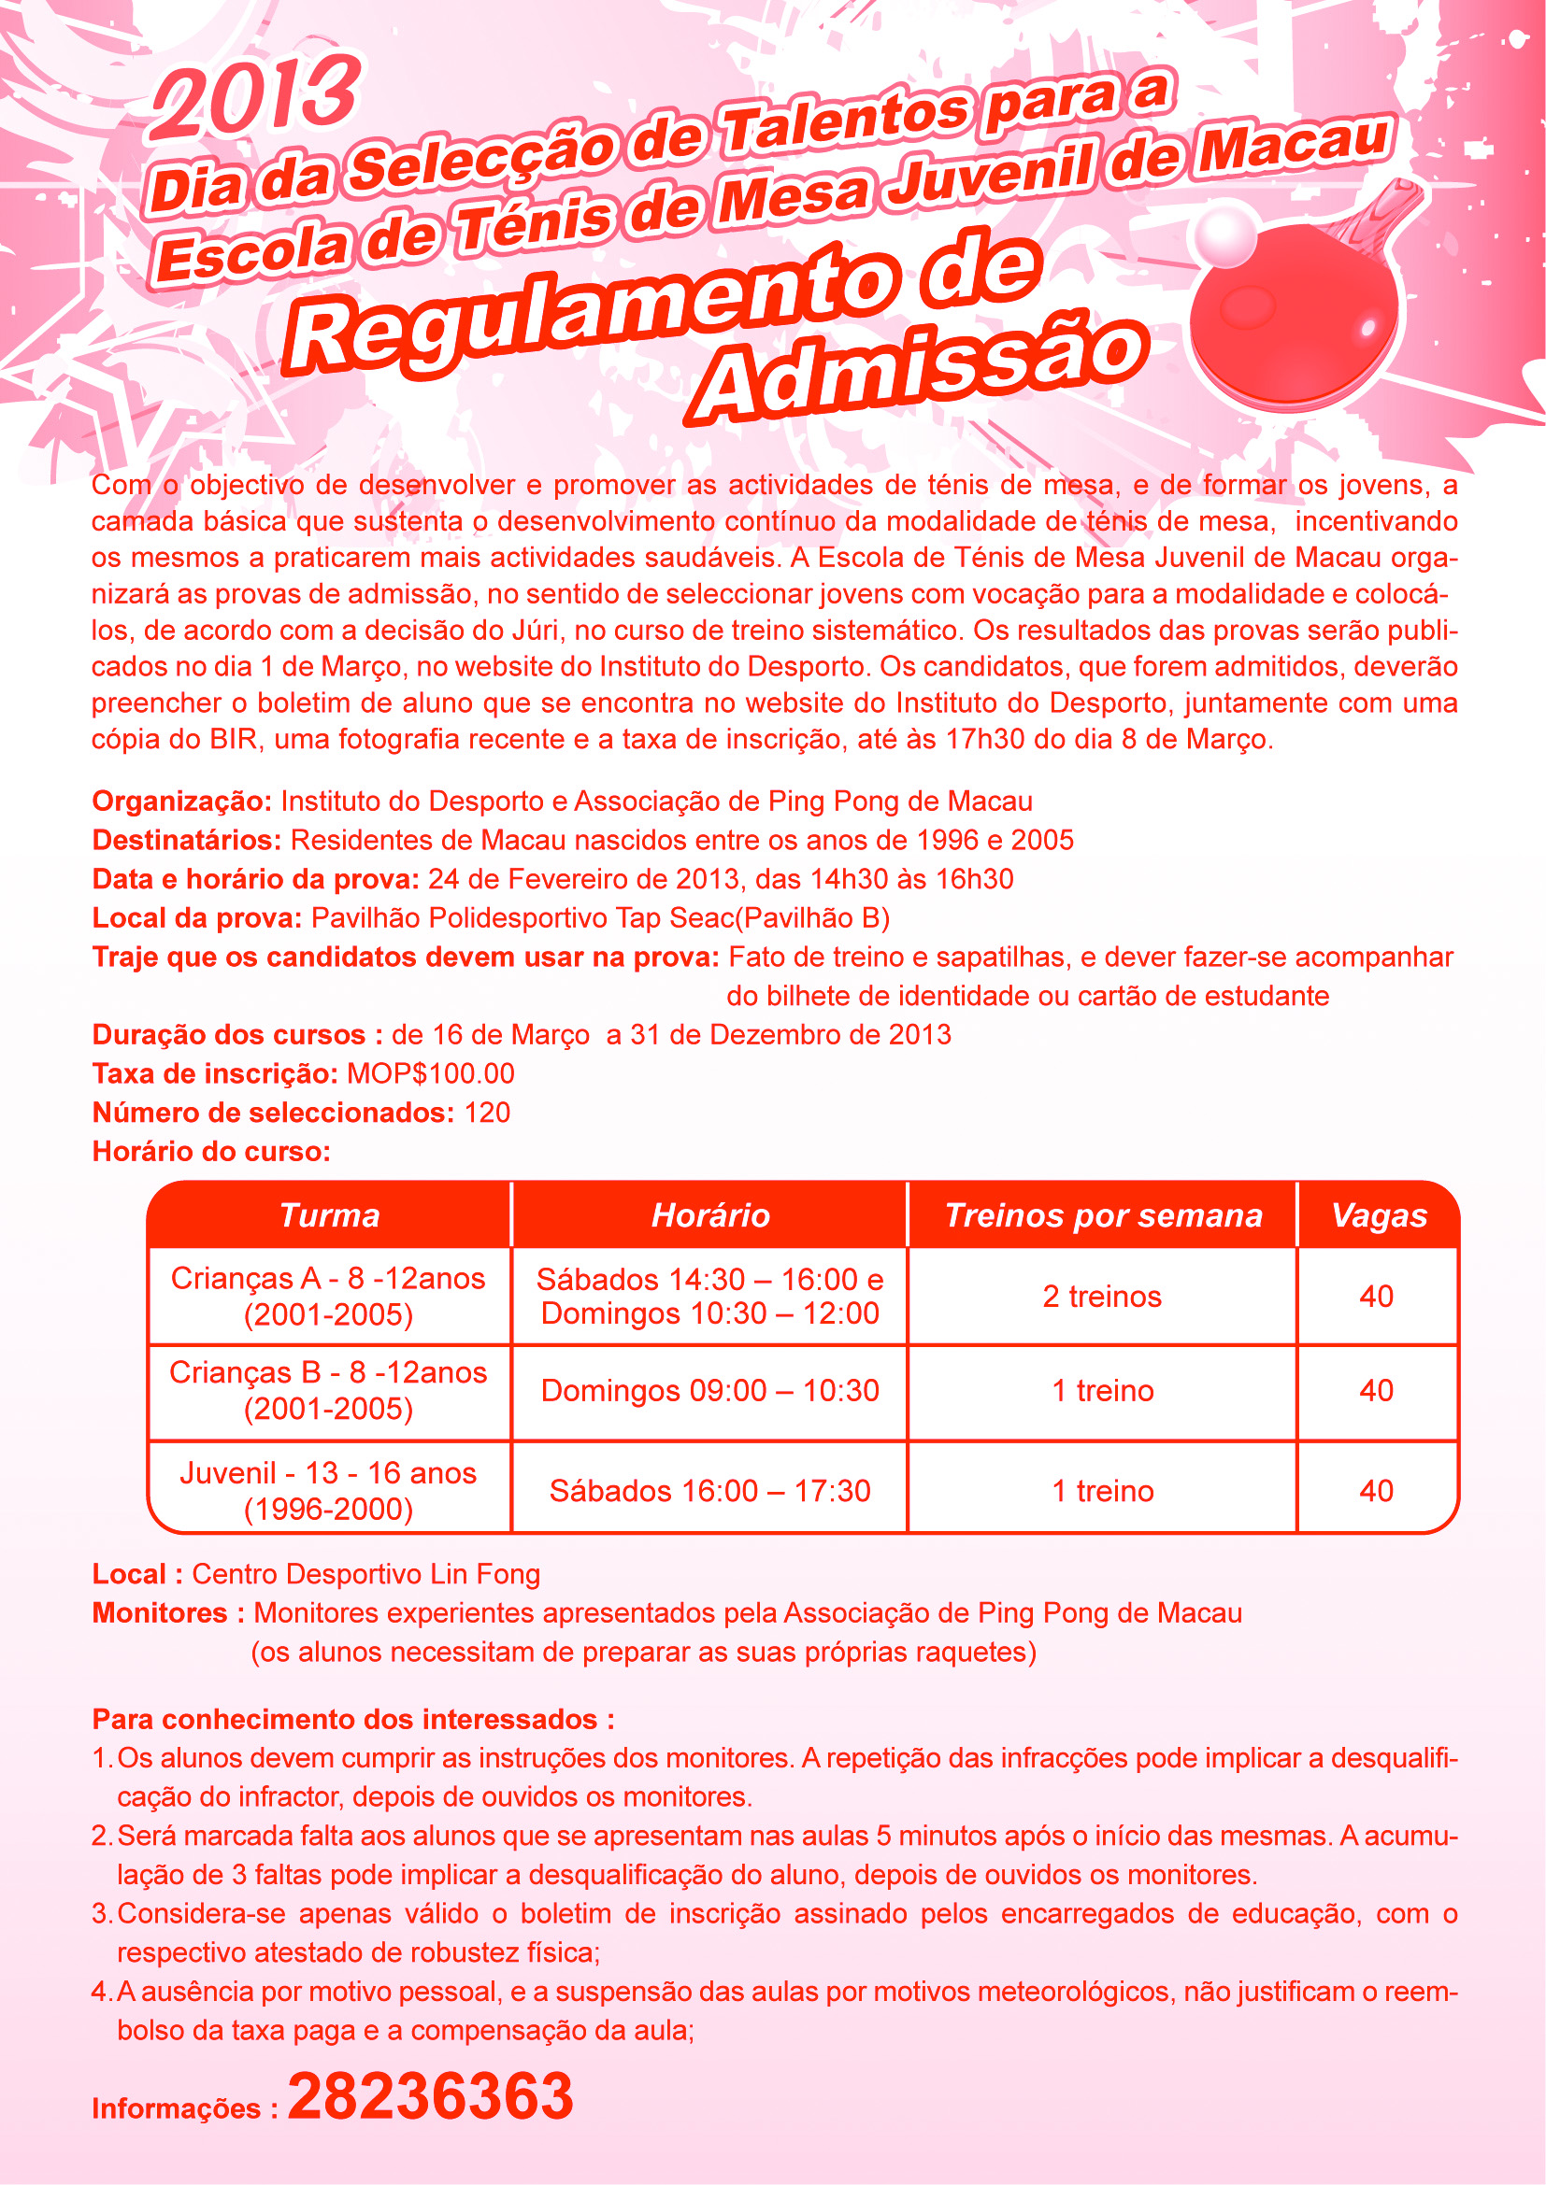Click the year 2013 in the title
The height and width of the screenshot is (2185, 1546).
(255, 96)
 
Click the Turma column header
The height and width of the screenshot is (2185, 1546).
(329, 1215)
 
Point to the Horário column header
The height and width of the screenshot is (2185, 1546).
(710, 1215)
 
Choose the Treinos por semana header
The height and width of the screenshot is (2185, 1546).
(1102, 1215)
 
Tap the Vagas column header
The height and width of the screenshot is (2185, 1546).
(1379, 1215)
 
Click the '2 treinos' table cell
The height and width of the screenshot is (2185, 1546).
(1102, 1297)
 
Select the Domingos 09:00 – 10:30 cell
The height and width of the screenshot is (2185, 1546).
(710, 1390)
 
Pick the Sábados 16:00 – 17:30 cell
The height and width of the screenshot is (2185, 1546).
(710, 1490)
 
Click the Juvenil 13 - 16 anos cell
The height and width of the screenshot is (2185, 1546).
(329, 1490)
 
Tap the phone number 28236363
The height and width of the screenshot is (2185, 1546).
(430, 2095)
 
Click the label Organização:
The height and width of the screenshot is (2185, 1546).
(182, 802)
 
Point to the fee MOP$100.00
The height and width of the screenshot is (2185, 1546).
(430, 1073)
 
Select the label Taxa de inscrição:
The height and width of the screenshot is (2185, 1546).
(215, 1073)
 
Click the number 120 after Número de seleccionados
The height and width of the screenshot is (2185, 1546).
(486, 1113)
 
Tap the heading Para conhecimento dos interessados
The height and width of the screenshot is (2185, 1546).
(353, 1720)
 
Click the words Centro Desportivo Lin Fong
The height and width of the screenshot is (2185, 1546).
(365, 1574)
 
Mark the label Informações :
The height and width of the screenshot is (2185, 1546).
(185, 2107)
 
